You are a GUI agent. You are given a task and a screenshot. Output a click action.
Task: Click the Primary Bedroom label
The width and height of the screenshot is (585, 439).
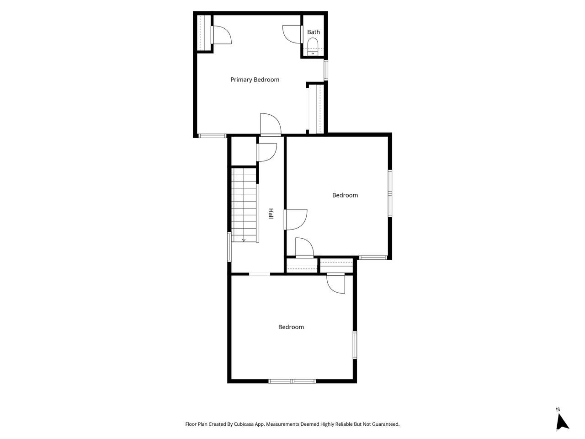click(x=255, y=80)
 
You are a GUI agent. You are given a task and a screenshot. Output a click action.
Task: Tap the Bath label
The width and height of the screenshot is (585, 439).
click(x=314, y=32)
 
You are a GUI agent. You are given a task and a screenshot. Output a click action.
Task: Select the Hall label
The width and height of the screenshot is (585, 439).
click(x=271, y=214)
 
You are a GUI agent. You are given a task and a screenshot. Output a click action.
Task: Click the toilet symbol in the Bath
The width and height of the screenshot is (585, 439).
click(x=313, y=47)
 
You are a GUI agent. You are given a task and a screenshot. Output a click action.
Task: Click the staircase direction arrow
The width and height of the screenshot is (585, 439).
click(x=244, y=240)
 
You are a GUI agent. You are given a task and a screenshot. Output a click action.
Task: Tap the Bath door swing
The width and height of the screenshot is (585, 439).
click(x=292, y=34)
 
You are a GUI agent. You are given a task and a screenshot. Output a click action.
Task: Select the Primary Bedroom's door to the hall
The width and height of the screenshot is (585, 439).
click(x=271, y=124)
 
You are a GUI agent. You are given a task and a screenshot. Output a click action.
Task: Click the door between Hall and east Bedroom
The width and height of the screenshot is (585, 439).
click(x=296, y=219)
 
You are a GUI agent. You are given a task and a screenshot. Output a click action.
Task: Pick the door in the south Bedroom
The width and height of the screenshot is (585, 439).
click(x=336, y=284)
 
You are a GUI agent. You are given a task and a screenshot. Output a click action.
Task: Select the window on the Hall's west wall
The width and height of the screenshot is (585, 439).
click(x=229, y=246)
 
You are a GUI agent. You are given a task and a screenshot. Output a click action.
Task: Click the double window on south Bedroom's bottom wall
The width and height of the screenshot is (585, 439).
click(x=292, y=381)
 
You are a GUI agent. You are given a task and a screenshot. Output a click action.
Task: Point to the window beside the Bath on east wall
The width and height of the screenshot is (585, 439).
click(x=326, y=70)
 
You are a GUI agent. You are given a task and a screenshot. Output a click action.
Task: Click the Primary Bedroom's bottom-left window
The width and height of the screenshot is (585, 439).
click(x=213, y=136)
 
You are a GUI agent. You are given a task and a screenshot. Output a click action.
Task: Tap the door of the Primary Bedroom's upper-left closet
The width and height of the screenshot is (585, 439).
click(x=221, y=35)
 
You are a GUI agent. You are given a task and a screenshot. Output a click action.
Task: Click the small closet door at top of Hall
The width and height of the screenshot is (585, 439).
click(x=266, y=152)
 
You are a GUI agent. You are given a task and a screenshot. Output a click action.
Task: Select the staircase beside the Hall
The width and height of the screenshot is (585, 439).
click(x=244, y=205)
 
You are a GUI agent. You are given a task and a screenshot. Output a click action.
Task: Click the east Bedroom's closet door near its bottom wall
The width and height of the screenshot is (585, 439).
click(x=304, y=247)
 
